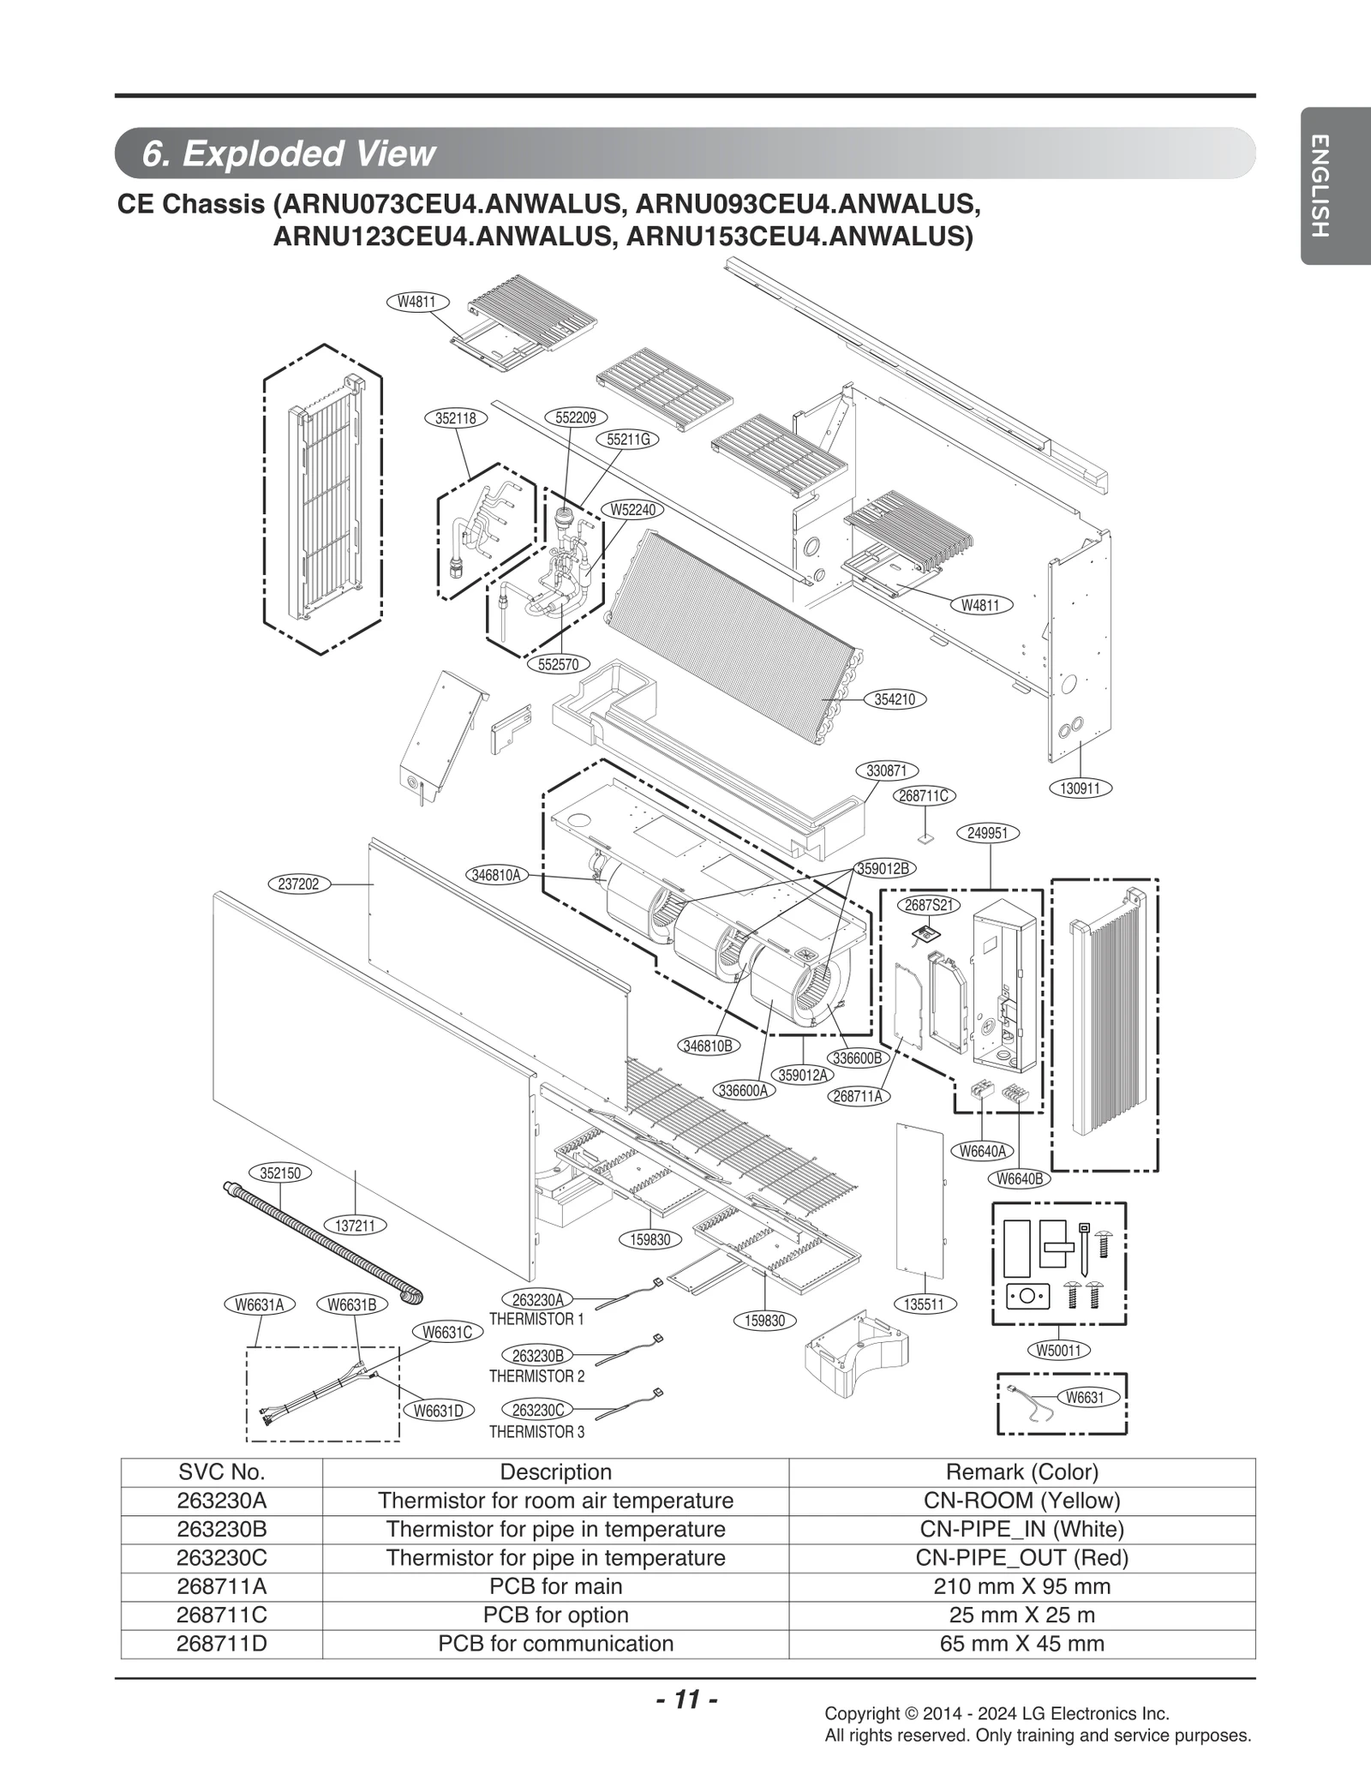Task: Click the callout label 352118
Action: click(x=456, y=418)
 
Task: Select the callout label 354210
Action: click(x=895, y=699)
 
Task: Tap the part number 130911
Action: click(x=1080, y=788)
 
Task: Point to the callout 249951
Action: click(x=989, y=833)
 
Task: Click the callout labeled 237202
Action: click(x=299, y=884)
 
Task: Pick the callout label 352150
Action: click(x=280, y=1173)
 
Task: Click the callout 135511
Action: click(x=925, y=1304)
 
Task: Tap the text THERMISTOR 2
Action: click(x=536, y=1376)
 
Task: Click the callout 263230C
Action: click(x=538, y=1411)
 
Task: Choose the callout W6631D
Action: click(x=439, y=1411)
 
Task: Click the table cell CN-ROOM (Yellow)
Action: click(x=1021, y=1501)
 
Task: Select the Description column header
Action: click(x=555, y=1471)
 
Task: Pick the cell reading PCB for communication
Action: click(x=555, y=1644)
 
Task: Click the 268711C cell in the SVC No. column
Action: click(x=222, y=1615)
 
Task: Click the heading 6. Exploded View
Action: click(x=289, y=154)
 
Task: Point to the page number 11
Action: click(x=685, y=1699)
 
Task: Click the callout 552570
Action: click(x=559, y=664)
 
